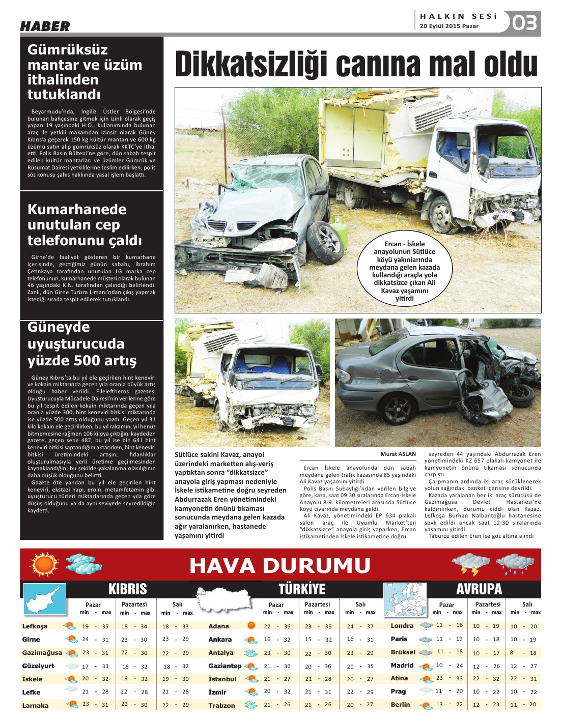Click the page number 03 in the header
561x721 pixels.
pyautogui.click(x=524, y=23)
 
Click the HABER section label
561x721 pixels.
pyautogui.click(x=45, y=26)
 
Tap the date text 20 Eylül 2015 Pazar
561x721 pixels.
pyautogui.click(x=449, y=26)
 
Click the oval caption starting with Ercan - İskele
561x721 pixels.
pyautogui.click(x=404, y=271)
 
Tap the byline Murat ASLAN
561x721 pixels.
pyautogui.click(x=398, y=454)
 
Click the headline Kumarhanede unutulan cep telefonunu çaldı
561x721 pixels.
pyautogui.click(x=85, y=224)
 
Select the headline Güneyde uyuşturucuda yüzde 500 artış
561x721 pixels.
pyautogui.click(x=82, y=343)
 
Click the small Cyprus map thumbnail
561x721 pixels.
pyautogui.click(x=45, y=599)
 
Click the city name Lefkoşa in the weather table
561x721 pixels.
pyautogui.click(x=35, y=626)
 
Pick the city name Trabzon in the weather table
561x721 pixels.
pyautogui.click(x=221, y=705)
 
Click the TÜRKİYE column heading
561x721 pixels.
pyautogui.click(x=301, y=589)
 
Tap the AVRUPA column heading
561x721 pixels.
pyautogui.click(x=479, y=589)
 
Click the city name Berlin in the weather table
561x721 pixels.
pyautogui.click(x=400, y=705)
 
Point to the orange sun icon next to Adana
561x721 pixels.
pyautogui.click(x=250, y=626)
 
